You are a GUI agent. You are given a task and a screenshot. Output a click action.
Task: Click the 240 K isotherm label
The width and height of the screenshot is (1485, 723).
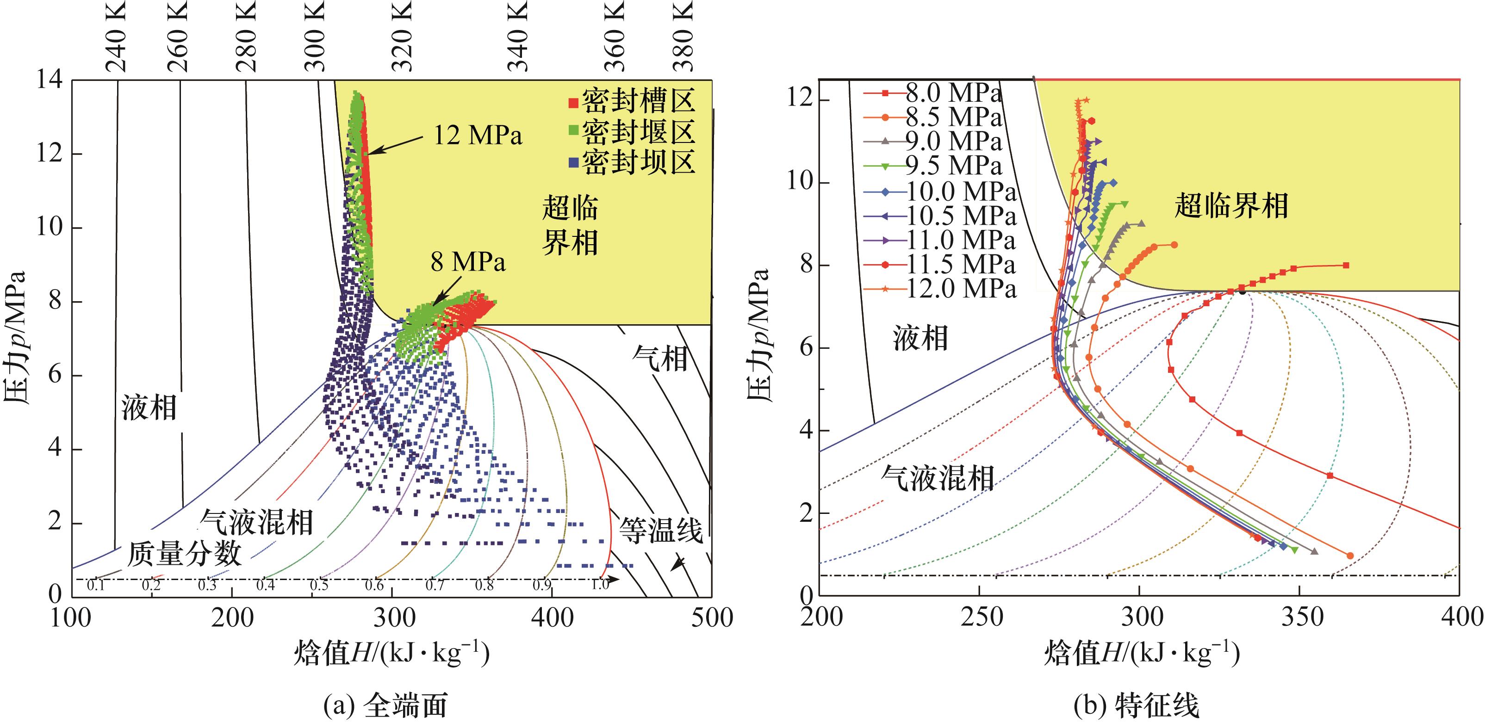(117, 36)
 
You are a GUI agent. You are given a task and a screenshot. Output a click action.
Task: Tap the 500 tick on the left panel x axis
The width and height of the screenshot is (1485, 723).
(711, 618)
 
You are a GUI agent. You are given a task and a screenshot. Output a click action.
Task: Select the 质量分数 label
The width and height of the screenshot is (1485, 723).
(184, 554)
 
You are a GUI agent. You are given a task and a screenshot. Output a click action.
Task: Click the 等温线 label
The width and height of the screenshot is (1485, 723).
(661, 530)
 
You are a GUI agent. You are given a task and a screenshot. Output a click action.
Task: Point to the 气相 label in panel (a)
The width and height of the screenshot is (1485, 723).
(660, 358)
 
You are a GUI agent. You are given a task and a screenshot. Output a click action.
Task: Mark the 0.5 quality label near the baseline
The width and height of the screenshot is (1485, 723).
(319, 585)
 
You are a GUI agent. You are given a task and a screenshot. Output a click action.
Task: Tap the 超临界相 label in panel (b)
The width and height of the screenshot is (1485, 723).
(1231, 206)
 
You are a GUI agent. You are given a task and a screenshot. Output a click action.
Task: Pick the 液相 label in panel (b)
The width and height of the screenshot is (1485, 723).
(920, 338)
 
